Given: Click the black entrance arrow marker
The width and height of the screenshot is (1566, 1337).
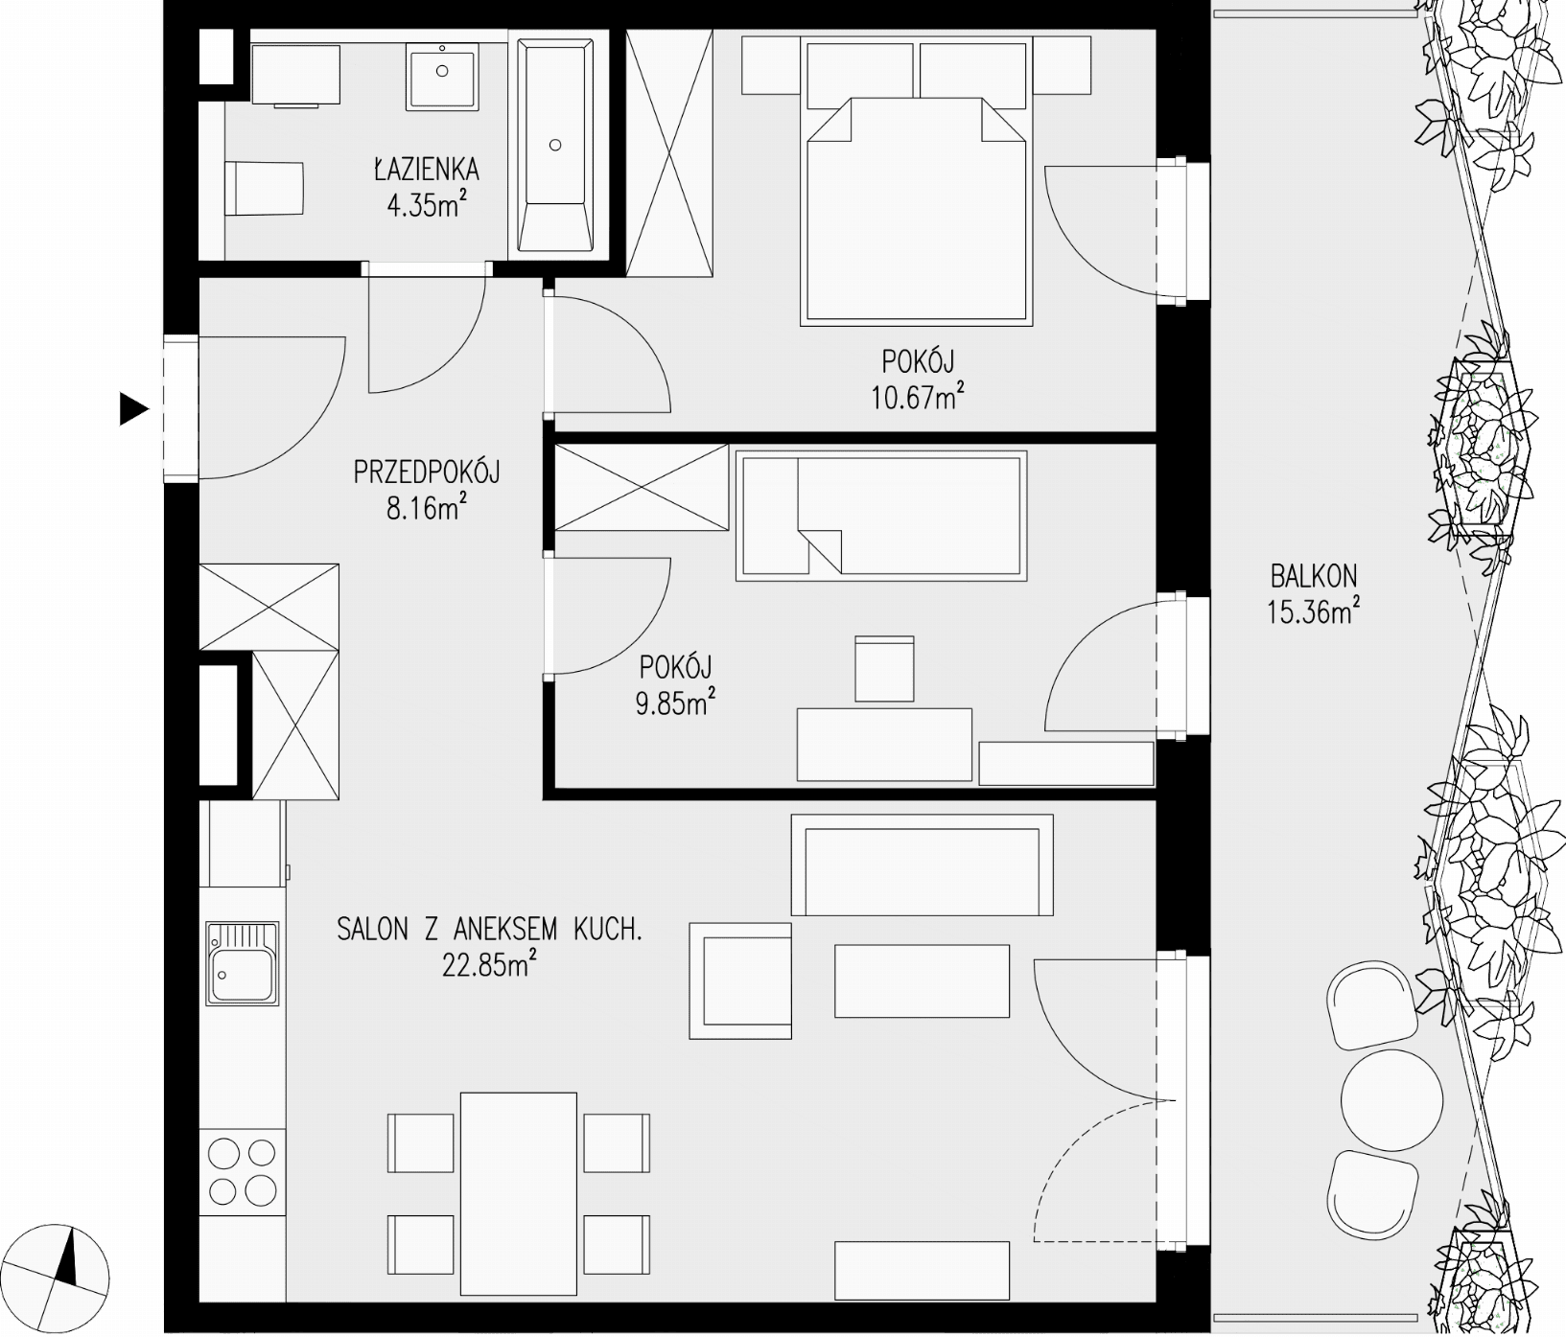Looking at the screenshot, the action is (x=132, y=409).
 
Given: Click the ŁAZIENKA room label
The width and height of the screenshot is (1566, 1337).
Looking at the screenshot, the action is (x=426, y=170).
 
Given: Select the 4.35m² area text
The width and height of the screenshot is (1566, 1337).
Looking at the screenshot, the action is (x=428, y=203).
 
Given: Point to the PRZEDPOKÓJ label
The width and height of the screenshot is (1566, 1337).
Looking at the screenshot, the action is (x=427, y=472).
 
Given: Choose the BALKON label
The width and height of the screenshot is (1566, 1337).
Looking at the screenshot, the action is (x=1314, y=575).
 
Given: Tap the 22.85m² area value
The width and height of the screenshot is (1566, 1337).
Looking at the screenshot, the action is (x=488, y=963).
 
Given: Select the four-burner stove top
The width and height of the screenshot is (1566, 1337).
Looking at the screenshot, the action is (x=243, y=1171).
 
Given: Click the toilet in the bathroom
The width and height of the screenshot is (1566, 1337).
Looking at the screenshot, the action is (x=265, y=188).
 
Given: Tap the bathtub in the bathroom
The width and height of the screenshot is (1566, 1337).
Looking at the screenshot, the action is (x=555, y=146).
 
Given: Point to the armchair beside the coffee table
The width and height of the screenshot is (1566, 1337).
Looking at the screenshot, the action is (x=740, y=980).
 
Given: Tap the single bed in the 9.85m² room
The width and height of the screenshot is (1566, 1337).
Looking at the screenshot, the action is (x=881, y=515).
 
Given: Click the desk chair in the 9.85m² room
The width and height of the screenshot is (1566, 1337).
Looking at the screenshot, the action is (x=884, y=668).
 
